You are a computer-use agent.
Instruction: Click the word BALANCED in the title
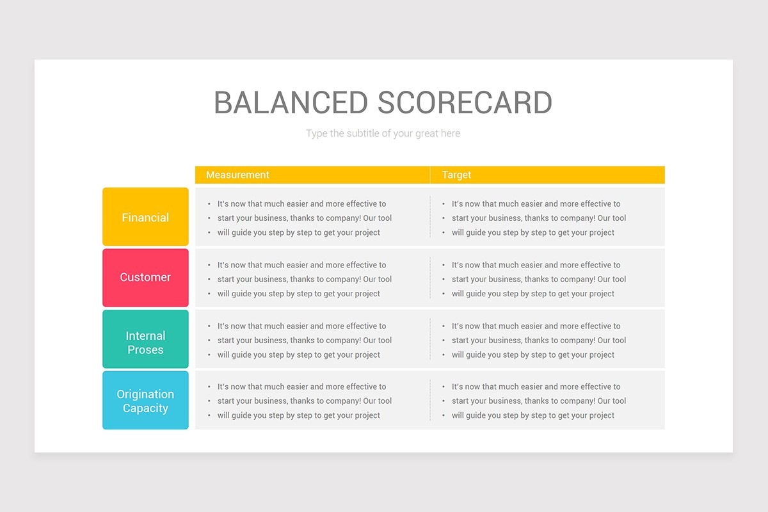291,102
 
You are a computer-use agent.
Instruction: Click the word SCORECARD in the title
465,102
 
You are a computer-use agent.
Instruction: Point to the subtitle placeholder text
383,133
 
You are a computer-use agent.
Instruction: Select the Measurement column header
237,175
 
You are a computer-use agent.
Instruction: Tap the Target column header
456,175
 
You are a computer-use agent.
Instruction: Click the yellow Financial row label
145,217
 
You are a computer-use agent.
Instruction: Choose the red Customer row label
145,277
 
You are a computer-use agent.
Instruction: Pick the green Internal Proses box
145,339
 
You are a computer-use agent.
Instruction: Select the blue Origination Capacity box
145,400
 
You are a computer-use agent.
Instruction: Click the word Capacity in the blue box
145,408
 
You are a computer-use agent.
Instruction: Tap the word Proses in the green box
145,350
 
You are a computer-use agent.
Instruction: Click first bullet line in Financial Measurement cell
301,204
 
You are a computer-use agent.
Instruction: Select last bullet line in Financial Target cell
532,232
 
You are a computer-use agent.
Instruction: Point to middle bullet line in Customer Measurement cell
305,279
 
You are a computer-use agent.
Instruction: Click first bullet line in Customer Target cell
536,265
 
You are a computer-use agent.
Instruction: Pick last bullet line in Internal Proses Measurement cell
299,355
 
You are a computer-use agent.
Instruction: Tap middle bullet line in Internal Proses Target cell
539,340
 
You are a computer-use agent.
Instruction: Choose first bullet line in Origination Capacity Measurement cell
301,387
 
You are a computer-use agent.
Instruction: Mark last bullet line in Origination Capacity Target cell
532,415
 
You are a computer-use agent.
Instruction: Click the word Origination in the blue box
145,394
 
